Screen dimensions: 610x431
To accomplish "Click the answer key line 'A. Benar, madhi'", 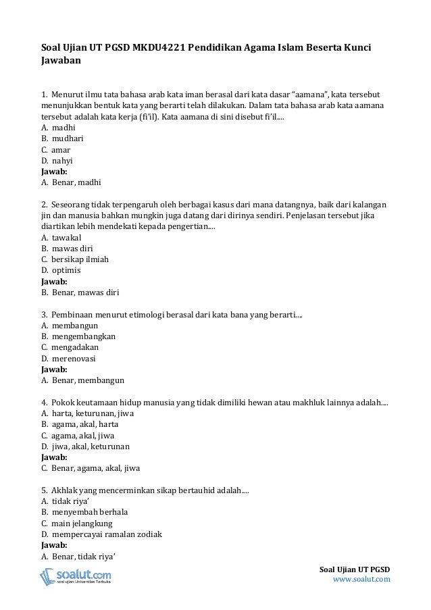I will [x=72, y=182].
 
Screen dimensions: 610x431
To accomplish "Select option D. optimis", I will [x=61, y=270].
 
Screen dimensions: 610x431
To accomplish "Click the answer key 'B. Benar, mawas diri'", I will [x=80, y=292].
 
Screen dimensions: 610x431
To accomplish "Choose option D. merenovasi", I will [x=68, y=358].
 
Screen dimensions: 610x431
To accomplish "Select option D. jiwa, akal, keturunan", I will [x=85, y=447].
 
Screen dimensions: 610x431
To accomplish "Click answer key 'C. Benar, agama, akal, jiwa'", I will [x=91, y=468].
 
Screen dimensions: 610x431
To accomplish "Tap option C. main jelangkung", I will [x=77, y=523].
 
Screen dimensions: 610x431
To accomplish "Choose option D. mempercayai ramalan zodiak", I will [x=101, y=534].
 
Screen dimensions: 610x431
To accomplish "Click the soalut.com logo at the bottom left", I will [x=76, y=576].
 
